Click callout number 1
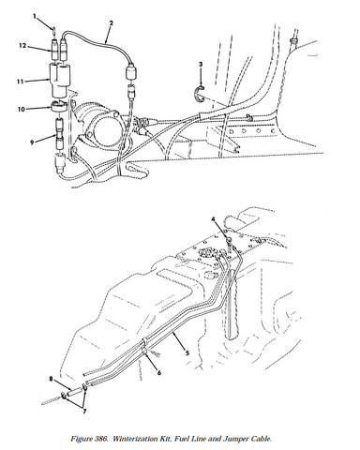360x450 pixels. tap(35, 16)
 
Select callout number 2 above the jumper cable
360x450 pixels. tap(112, 23)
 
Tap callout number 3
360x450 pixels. tap(201, 65)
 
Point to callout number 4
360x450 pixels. tap(213, 219)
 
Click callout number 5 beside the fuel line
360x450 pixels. tap(187, 353)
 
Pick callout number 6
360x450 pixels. tap(159, 373)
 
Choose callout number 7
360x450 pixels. tap(84, 412)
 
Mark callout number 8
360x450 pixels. tap(51, 379)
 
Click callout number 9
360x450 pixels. tap(32, 142)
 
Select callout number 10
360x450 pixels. tap(22, 110)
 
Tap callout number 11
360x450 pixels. tap(21, 82)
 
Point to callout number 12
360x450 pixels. tap(22, 46)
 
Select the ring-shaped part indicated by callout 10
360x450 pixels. tap(58, 106)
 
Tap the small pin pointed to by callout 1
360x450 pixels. tap(54, 30)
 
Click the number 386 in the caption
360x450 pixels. tap(100, 439)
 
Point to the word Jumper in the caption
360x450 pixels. tap(233, 439)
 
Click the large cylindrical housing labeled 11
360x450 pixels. tap(60, 80)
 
